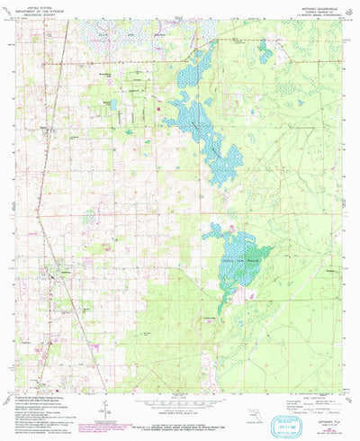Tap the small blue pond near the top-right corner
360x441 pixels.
click(265, 57)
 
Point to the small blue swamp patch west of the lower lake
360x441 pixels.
click(89, 216)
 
